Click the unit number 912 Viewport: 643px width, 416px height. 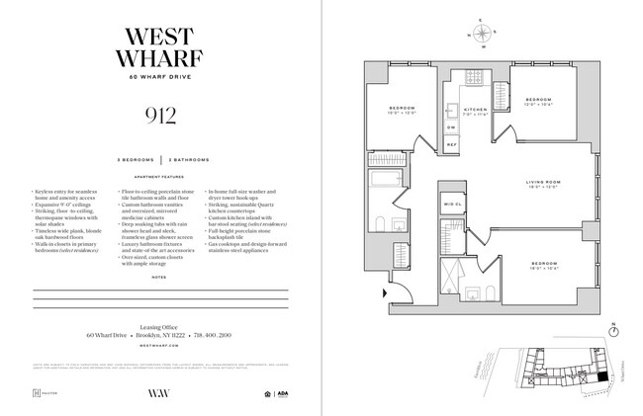(161, 119)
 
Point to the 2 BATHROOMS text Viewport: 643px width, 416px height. (188, 158)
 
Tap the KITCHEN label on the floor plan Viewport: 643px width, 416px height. (477, 109)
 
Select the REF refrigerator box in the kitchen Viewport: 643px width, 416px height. (451, 144)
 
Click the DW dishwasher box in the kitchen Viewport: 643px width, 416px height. (451, 127)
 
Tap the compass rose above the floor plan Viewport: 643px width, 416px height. (481, 36)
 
